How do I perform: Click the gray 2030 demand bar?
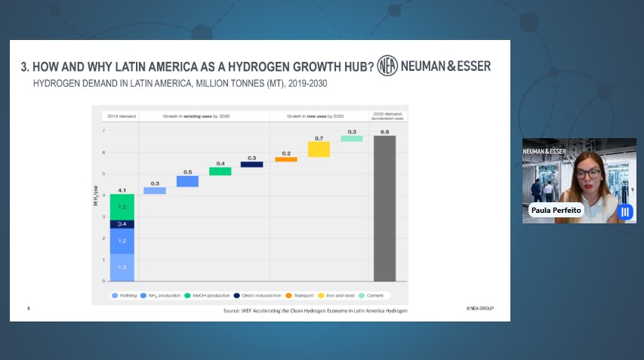pos(384,208)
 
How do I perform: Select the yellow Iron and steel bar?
pos(319,149)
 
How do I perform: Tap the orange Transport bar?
pos(285,159)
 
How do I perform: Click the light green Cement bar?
pos(351,138)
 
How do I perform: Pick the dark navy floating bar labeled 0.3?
pos(251,164)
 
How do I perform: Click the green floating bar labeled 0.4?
pos(220,171)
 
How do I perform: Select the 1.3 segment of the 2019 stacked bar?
pos(122,267)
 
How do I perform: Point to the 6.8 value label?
pos(384,132)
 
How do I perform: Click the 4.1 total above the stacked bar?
pos(122,190)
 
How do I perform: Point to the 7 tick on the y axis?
pos(103,131)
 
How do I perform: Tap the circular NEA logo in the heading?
pos(387,66)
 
